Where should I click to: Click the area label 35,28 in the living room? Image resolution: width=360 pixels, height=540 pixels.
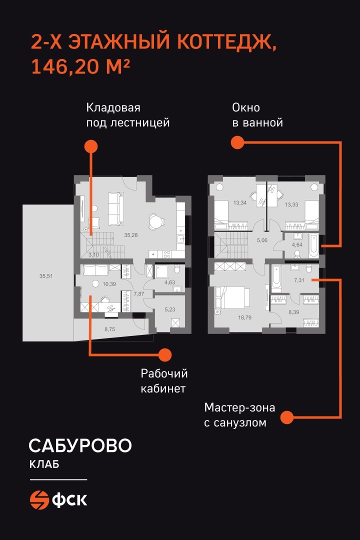[x=131, y=235]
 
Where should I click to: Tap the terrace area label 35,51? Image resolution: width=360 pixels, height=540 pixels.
[x=46, y=275]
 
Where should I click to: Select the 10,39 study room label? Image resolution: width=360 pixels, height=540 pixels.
[x=109, y=284]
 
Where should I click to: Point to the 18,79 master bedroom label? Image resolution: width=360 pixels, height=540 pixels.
[x=244, y=317]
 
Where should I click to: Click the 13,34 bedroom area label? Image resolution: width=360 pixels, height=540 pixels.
[x=240, y=202]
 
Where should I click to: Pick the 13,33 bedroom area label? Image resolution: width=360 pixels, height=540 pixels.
[x=291, y=204]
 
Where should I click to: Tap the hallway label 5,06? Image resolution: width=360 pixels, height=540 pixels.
[x=262, y=240]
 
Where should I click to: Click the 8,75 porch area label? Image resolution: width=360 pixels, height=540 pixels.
[x=110, y=329]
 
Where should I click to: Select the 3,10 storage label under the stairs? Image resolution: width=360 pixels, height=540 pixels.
[x=93, y=255]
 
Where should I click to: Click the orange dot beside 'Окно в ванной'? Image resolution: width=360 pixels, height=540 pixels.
[x=237, y=142]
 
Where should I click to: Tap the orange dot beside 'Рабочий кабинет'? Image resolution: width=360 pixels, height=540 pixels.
[x=164, y=354]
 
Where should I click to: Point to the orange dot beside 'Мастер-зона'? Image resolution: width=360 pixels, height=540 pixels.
[x=286, y=417]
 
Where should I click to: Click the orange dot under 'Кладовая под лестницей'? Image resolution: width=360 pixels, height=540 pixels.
[x=91, y=146]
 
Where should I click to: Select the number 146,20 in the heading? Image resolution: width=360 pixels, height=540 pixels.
[x=65, y=66]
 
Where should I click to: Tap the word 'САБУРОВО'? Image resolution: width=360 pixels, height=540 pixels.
[x=80, y=445]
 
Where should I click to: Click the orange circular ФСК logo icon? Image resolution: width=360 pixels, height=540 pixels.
[x=39, y=499]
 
